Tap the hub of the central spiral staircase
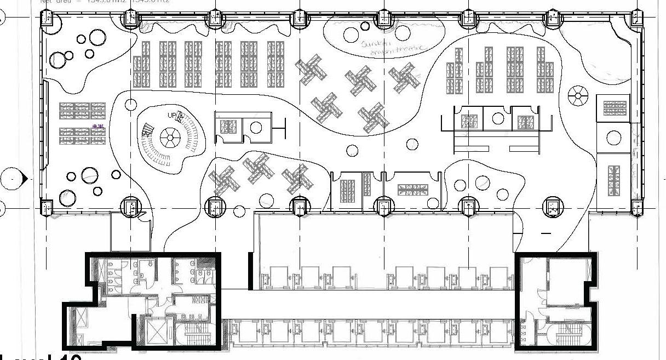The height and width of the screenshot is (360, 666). [169, 137]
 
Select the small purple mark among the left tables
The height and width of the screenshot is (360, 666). [99, 127]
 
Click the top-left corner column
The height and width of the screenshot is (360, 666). [48, 20]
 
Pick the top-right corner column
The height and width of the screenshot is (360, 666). [636, 20]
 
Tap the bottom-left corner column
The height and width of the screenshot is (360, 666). [48, 207]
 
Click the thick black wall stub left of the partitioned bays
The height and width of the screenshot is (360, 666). [250, 271]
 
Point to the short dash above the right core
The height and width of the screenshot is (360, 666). [546, 233]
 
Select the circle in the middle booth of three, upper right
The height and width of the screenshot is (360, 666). [498, 119]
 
